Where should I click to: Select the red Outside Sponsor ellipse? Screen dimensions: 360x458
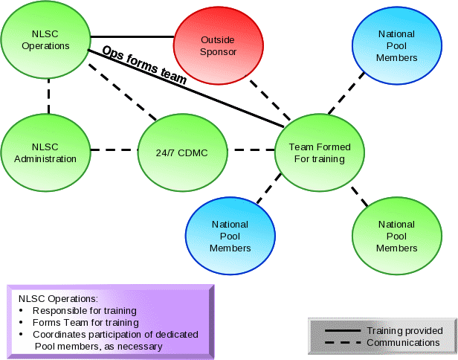point(218,46)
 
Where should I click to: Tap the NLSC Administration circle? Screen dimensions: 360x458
point(45,152)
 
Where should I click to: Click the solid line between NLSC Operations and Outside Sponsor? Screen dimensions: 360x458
point(132,36)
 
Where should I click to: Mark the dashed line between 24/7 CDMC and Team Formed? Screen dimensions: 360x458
point(251,150)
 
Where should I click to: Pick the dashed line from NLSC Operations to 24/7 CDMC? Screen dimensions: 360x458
point(123,94)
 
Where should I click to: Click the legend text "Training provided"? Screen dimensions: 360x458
point(404,330)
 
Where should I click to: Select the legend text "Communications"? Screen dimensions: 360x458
point(403,342)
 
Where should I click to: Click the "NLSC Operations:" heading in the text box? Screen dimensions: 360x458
point(58,298)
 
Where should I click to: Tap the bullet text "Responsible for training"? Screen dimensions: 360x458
point(84,310)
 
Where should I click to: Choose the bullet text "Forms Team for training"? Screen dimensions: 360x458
point(86,323)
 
